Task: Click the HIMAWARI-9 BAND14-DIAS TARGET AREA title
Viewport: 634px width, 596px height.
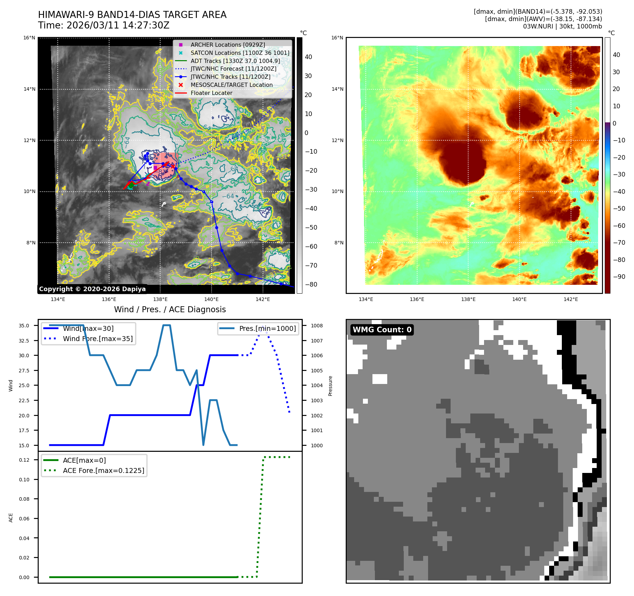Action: (132, 15)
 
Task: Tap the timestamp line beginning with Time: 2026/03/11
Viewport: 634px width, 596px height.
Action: (104, 26)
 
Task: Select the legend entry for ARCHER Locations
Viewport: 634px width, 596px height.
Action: (227, 45)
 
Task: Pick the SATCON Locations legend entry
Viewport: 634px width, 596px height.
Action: (240, 53)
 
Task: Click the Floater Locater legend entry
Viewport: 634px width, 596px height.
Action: (211, 93)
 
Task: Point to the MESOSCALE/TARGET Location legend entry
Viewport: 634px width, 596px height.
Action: (231, 85)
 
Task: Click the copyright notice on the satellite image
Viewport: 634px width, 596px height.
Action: (92, 289)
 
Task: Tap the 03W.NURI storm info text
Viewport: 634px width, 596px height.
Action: (562, 26)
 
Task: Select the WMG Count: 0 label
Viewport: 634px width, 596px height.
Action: (382, 330)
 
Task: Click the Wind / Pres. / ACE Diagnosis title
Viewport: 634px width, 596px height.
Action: (170, 309)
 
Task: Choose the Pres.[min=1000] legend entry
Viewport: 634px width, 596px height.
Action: (267, 328)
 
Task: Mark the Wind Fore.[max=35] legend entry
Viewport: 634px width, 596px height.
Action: (98, 339)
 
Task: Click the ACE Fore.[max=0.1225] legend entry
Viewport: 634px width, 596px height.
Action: (103, 470)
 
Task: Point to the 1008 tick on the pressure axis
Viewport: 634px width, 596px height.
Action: (316, 326)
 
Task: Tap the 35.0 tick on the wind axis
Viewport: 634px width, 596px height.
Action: (24, 326)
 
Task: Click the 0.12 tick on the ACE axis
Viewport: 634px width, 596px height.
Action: (24, 460)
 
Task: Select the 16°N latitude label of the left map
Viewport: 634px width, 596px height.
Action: (29, 38)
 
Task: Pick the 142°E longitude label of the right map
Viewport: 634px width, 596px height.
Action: (571, 299)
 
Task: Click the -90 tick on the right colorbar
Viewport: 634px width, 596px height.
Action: (619, 277)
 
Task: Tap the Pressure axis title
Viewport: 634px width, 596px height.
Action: (330, 386)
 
